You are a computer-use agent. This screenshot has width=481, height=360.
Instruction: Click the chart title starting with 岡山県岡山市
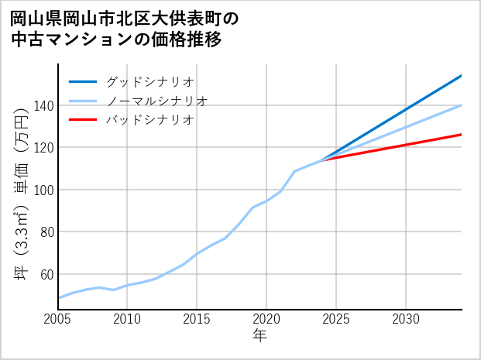pos(124,28)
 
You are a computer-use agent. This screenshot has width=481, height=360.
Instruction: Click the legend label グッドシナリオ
pos(150,81)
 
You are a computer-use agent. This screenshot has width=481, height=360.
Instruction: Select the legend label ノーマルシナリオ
pos(157,101)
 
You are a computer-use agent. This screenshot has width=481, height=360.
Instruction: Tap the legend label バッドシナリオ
pos(150,120)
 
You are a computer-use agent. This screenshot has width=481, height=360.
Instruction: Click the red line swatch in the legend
pos(83,120)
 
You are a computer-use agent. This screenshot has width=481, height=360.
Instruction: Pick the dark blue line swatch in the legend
pos(83,81)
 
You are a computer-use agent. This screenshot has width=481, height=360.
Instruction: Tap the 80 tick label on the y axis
pos(46,231)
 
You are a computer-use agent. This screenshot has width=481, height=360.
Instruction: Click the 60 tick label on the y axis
pos(46,274)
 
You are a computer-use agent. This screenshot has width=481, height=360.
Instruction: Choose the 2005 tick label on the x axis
pos(58,319)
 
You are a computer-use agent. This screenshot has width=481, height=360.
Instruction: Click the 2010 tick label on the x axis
pos(128,319)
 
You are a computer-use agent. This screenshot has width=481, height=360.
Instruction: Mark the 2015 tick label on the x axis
pos(198,319)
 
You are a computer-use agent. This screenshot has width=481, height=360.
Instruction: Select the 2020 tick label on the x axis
pos(266,319)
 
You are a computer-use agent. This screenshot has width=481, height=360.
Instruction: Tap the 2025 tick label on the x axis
pos(336,319)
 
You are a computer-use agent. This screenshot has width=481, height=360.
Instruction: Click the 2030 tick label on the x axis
pos(406,319)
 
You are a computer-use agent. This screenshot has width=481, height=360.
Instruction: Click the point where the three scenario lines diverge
pos(322,159)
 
